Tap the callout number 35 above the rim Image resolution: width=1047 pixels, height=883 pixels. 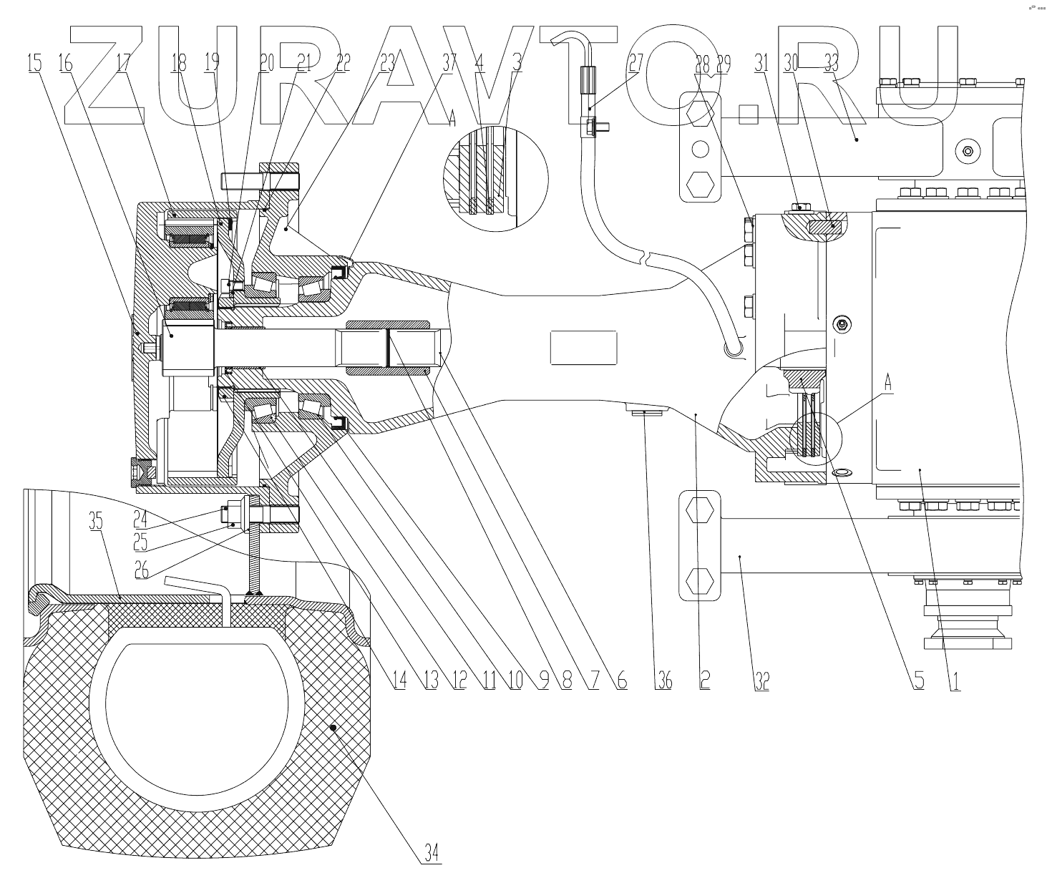(96, 522)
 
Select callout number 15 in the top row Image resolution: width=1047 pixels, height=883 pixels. (34, 64)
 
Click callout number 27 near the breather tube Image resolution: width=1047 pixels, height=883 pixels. (635, 64)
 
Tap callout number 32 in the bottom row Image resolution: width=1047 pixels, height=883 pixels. (761, 680)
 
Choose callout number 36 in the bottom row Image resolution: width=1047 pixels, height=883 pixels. (664, 680)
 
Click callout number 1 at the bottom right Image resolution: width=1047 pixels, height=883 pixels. (954, 680)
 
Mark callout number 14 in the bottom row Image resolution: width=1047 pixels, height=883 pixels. (399, 680)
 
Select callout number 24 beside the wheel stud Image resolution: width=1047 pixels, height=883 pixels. (140, 513)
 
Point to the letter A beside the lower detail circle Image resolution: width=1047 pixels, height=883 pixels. (887, 383)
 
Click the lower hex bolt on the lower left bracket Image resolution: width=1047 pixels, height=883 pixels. (698, 577)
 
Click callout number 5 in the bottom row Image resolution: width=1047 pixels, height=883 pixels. (918, 680)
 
